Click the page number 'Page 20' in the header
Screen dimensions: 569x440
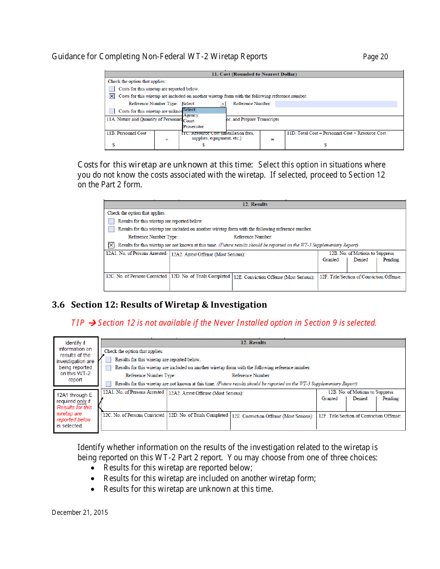[x=375, y=57]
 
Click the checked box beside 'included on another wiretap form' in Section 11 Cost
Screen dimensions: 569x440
[x=112, y=96]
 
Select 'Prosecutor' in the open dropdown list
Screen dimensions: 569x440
[x=194, y=126]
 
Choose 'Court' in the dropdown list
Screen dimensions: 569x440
[x=189, y=121]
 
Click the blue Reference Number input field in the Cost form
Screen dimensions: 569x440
[x=336, y=104]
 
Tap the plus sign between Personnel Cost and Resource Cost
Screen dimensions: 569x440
[x=167, y=139]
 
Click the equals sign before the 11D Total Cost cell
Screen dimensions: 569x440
[x=272, y=139]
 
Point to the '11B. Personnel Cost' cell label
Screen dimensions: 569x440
[x=126, y=133]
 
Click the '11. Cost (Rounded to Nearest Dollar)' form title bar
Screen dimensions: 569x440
[x=254, y=74]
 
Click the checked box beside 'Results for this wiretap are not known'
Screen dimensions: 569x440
[x=111, y=245]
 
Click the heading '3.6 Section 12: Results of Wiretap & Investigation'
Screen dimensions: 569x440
[x=159, y=305]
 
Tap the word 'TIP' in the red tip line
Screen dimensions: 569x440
[x=78, y=323]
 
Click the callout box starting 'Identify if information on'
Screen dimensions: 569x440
[x=75, y=361]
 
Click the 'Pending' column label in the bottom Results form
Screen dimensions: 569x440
[x=390, y=398]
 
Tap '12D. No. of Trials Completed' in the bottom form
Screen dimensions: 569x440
[x=199, y=415]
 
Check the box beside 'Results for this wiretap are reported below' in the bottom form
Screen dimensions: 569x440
[x=108, y=359]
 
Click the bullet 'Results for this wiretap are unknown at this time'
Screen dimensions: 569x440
[x=188, y=489]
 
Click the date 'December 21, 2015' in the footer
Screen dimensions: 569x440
[x=80, y=513]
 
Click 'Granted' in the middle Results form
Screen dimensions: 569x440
[x=331, y=260]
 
